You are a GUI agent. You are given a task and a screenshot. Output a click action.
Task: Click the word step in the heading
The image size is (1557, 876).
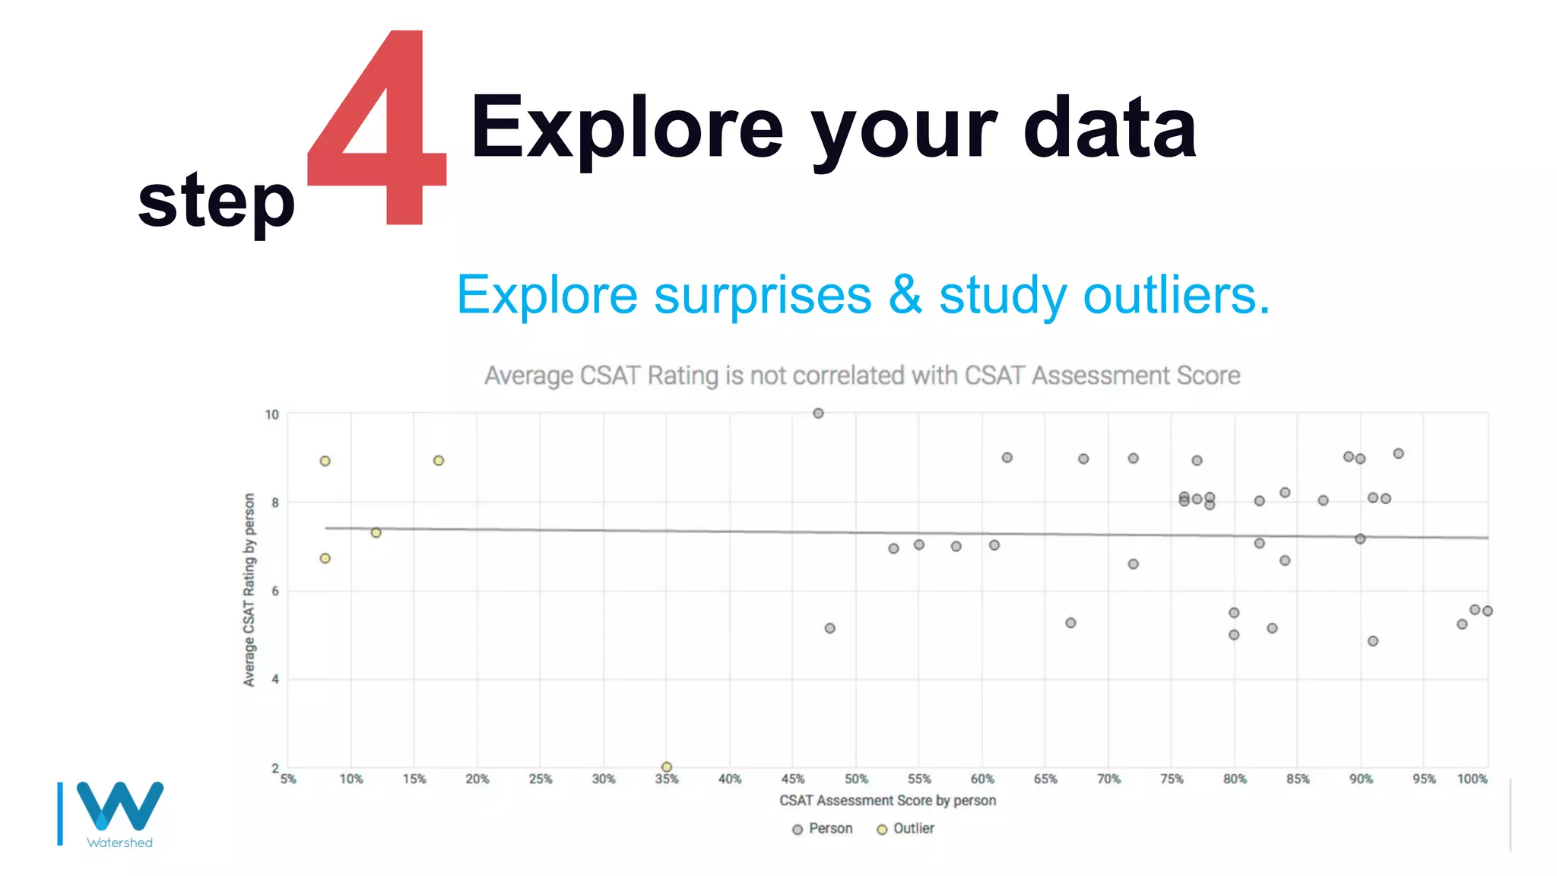pyautogui.click(x=216, y=200)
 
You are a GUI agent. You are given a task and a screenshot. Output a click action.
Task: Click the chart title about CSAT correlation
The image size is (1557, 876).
pyautogui.click(x=862, y=376)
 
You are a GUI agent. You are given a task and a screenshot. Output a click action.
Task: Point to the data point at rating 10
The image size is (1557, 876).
pyautogui.click(x=818, y=414)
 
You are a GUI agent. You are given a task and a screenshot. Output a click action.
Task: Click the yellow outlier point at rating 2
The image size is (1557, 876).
pyautogui.click(x=667, y=767)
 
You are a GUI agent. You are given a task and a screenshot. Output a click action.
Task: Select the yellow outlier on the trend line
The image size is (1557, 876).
pyautogui.click(x=376, y=532)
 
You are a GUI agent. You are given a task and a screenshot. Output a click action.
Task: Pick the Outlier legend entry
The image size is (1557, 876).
pyautogui.click(x=905, y=829)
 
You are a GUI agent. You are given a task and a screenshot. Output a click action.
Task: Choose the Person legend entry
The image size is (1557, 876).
pyautogui.click(x=823, y=829)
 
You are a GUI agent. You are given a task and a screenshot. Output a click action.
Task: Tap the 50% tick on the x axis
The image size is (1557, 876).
pyautogui.click(x=856, y=779)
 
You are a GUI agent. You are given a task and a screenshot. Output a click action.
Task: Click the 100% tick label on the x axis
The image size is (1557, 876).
pyautogui.click(x=1472, y=779)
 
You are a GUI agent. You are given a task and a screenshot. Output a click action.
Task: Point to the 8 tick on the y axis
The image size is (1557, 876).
pyautogui.click(x=275, y=503)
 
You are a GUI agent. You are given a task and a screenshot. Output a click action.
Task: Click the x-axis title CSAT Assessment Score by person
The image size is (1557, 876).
pyautogui.click(x=887, y=801)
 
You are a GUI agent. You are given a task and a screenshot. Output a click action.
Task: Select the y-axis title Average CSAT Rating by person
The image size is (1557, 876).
pyautogui.click(x=249, y=589)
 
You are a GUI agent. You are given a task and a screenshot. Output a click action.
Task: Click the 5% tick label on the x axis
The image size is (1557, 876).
pyautogui.click(x=288, y=779)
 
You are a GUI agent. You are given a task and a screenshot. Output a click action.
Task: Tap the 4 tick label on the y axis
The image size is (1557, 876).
pyautogui.click(x=275, y=679)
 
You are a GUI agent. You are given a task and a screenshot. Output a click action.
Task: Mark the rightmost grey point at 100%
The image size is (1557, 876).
pyautogui.click(x=1488, y=611)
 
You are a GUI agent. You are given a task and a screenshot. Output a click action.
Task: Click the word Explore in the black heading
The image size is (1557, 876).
pyautogui.click(x=626, y=128)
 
